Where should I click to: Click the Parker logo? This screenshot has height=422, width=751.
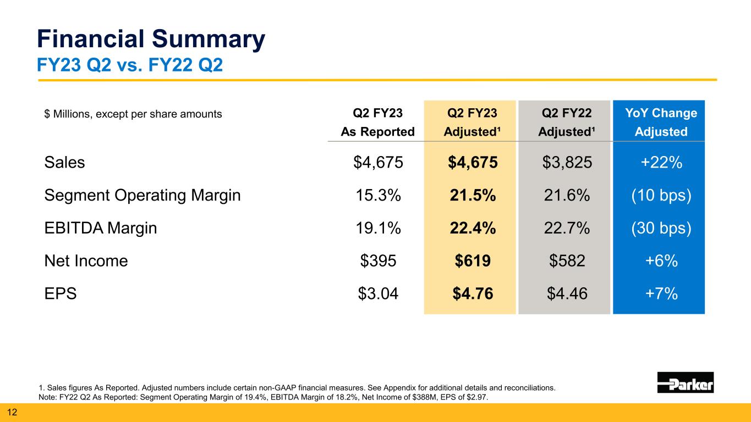click(685, 382)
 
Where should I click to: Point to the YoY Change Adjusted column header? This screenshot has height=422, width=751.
click(659, 123)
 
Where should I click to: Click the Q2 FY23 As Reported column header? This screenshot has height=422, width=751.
click(377, 123)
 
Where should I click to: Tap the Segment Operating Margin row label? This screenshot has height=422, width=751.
click(142, 196)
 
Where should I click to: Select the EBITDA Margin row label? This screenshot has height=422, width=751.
click(100, 229)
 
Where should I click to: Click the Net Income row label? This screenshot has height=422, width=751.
click(86, 261)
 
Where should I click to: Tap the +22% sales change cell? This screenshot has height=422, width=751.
click(659, 163)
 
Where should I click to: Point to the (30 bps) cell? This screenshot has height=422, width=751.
click(659, 229)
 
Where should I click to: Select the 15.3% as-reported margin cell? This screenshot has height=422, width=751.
click(377, 196)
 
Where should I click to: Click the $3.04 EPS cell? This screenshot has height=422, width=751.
click(377, 294)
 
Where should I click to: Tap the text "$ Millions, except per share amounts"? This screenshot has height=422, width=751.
click(133, 114)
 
